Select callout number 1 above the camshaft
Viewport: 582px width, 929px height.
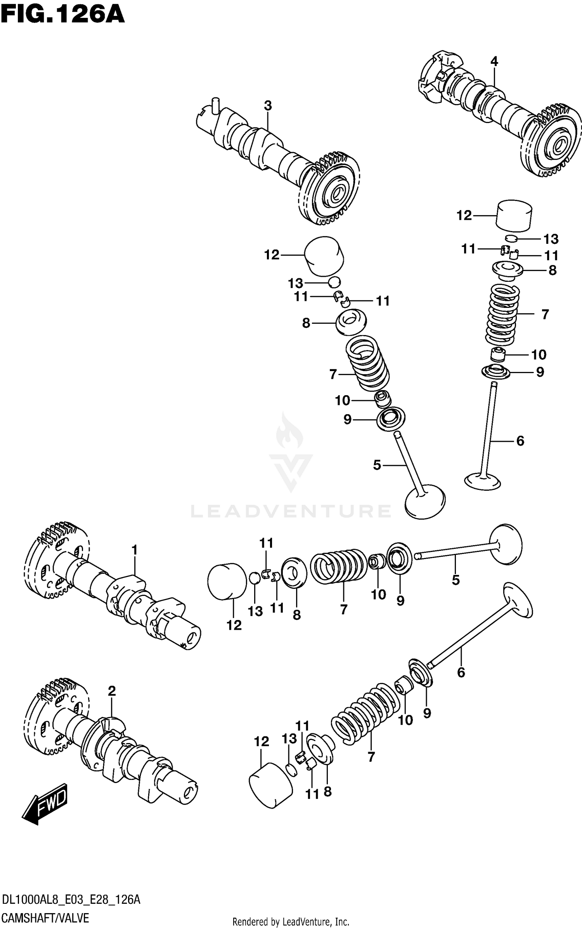click(134, 550)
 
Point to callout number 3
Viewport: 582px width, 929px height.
click(268, 106)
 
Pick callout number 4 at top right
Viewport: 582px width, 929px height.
click(494, 61)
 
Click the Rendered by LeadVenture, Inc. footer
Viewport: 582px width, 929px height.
click(291, 921)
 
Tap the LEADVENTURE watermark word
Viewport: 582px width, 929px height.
click(291, 511)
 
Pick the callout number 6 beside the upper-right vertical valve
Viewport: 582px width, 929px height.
click(520, 441)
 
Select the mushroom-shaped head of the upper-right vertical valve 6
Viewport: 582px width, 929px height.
click(482, 481)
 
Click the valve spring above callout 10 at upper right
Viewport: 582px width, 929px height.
click(502, 314)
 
